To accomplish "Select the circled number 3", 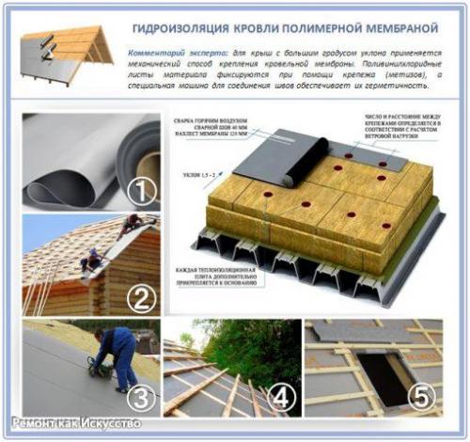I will tap(142, 398).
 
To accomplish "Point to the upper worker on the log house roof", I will tap(132, 224).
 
